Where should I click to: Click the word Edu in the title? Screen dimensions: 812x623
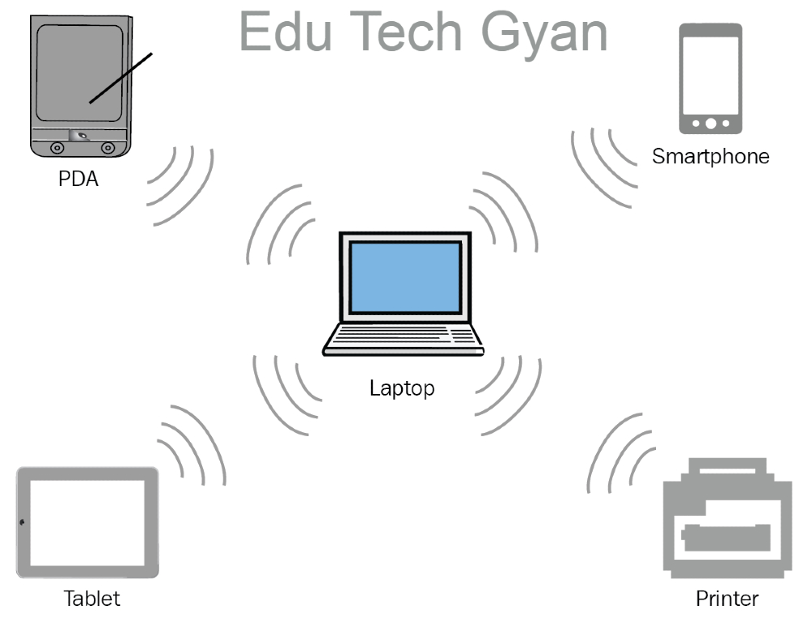285,32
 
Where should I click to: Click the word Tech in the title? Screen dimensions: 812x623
405,32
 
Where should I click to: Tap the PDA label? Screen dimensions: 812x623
78,179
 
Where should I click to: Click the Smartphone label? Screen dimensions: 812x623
710,157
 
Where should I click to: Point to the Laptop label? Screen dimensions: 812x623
402,388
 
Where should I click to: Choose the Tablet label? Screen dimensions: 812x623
92,599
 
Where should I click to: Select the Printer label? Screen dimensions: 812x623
727,599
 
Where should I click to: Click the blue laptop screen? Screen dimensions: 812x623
405,278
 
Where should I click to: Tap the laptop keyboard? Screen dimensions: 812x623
403,335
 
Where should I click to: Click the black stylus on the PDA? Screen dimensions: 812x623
121,78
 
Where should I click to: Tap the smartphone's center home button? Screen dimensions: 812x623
710,123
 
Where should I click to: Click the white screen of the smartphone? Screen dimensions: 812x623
710,76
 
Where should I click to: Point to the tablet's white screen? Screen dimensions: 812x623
88,523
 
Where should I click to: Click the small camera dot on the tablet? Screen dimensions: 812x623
22,522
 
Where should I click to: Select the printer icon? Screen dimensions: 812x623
728,518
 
